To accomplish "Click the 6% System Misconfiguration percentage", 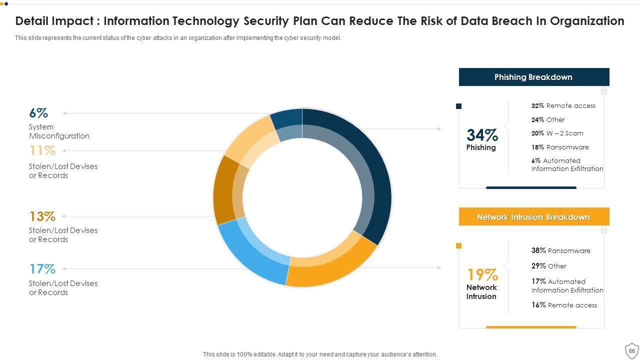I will coord(38,113).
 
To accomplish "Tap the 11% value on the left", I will coord(42,150).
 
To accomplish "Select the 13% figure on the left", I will coord(42,216).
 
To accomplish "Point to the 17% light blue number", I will coord(42,269).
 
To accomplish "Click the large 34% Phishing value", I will coord(482,135).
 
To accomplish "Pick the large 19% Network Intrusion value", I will coord(482,274).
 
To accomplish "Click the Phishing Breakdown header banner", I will coord(533,77).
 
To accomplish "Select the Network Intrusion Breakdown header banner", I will coord(533,217).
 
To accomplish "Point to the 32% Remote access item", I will coord(563,106).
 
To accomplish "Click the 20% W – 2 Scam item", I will coord(557,133).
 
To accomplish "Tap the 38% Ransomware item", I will coord(560,250).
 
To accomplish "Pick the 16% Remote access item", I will coord(564,305).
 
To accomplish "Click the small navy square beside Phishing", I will coord(459,106).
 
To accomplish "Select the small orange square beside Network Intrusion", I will coord(459,245).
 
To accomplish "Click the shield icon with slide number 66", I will coord(631,350).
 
